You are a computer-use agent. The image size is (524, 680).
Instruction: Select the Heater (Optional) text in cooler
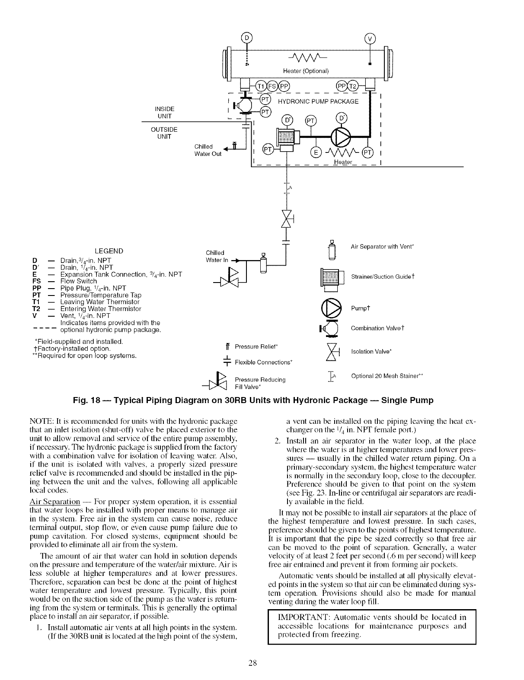point(306,71)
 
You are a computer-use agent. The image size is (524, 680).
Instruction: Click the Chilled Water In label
point(215,256)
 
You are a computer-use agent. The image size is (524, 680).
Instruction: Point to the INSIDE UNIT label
point(164,112)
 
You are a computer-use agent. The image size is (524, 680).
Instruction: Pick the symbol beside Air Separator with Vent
point(332,250)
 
